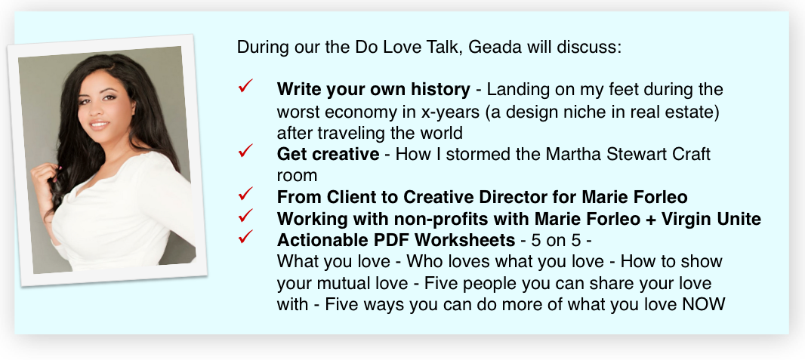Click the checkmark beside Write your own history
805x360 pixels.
pos(245,85)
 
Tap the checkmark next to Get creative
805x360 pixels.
pos(245,150)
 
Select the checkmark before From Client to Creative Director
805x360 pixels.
pos(245,193)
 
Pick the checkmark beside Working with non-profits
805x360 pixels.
pos(245,215)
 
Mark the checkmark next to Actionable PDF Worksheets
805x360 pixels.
pos(245,236)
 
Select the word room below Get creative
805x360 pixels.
pos(297,176)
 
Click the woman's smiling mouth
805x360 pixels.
pos(99,124)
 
